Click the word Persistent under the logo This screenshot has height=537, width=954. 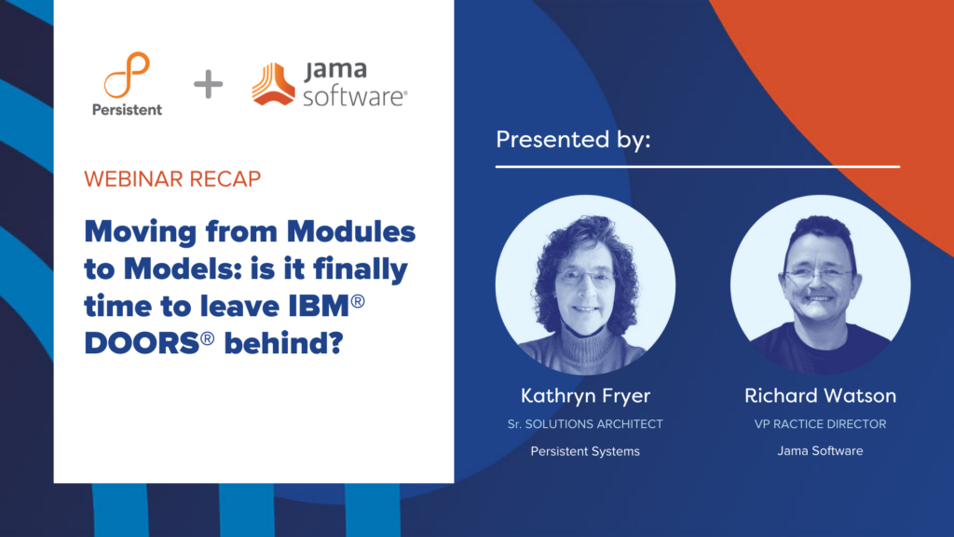coord(127,110)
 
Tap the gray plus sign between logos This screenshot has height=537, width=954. coord(208,84)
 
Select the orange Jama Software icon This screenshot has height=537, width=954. coord(273,84)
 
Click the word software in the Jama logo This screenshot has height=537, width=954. coord(355,96)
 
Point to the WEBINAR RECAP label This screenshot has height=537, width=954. coord(172,179)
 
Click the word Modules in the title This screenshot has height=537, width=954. coord(351,232)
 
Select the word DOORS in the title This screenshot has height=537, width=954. coord(142,343)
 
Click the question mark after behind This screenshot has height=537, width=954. coord(335,343)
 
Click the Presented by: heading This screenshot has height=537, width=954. coord(573,140)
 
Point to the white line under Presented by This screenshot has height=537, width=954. coord(697,166)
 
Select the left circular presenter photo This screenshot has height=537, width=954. coord(585,285)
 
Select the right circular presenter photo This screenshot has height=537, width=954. coord(820,285)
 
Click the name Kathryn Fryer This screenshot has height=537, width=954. coord(585,396)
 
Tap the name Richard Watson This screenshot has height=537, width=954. coord(820,395)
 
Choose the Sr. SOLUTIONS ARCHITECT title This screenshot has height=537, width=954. coord(585,424)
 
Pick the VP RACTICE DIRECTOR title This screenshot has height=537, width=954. coord(820,424)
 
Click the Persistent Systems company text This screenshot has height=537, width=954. coord(585,452)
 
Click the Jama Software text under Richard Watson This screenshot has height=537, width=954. coord(820,451)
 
